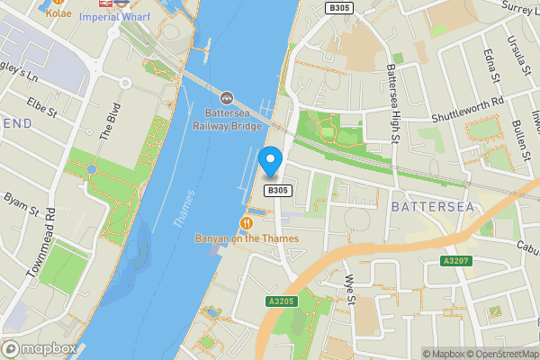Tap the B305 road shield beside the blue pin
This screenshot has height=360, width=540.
[278, 191]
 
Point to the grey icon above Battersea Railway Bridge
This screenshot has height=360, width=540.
[226, 97]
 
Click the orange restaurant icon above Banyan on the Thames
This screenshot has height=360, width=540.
[245, 222]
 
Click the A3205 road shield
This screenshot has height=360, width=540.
[282, 301]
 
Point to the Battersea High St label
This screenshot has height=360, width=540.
[394, 95]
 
